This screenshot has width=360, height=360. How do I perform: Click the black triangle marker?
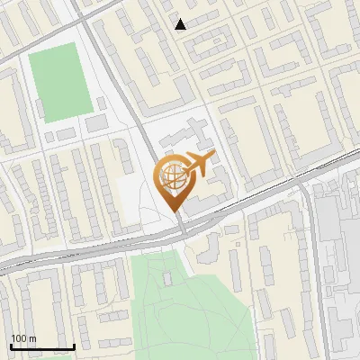tap(181, 24)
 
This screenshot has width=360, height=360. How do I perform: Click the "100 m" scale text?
tap(23, 338)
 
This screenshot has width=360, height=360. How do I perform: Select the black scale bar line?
tap(41, 346)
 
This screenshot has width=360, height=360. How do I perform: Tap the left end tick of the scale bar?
tap(11, 346)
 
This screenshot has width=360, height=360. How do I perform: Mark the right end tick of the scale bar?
tap(73, 346)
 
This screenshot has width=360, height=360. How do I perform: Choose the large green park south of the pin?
tap(180, 306)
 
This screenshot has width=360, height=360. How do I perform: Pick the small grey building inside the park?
tap(168, 279)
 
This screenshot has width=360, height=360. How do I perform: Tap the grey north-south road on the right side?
tap(314, 270)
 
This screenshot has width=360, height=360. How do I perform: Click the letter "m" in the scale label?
tap(34, 338)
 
